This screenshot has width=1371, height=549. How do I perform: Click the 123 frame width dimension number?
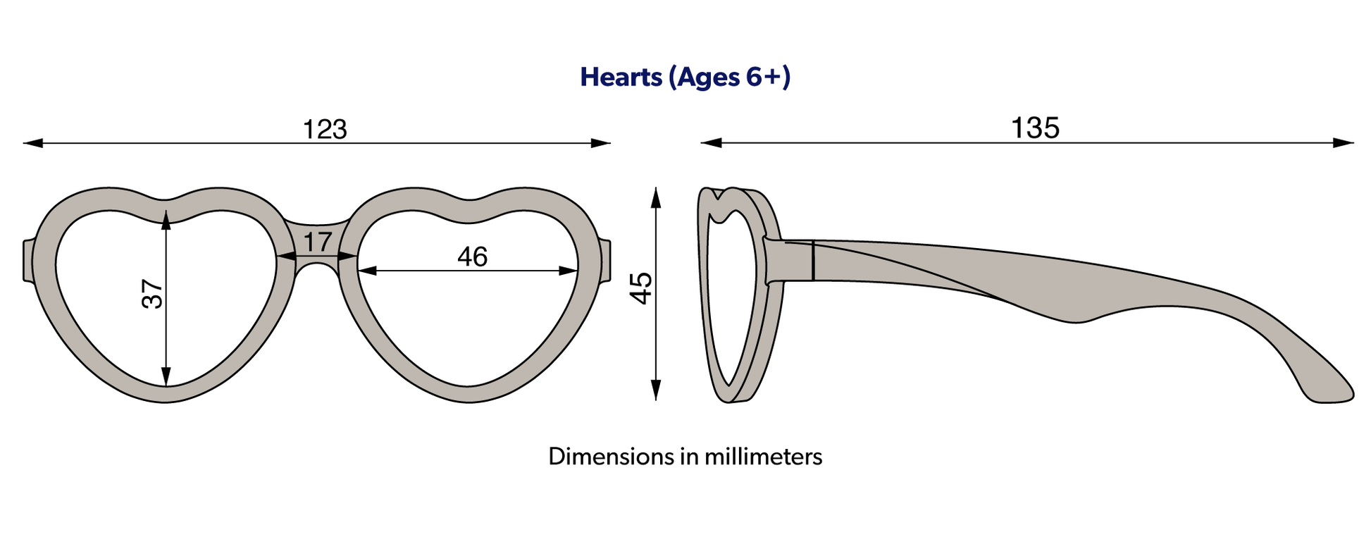325,130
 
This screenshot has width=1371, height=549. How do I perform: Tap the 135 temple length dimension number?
1035,128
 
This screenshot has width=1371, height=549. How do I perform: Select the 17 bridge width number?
317,242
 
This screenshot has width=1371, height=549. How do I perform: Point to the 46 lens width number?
472,257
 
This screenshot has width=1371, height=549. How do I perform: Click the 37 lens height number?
152,294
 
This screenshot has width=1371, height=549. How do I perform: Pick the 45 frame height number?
641,288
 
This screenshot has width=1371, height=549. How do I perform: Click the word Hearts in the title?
621,77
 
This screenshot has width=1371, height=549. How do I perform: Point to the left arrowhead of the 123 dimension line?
33,143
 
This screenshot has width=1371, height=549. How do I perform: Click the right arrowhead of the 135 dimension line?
1344,143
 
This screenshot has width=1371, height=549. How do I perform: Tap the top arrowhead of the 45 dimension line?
656,198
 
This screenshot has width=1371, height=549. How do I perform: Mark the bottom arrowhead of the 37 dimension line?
166,376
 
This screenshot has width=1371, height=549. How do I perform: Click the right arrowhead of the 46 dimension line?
569,271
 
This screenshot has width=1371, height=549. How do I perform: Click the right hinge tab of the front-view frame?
606,261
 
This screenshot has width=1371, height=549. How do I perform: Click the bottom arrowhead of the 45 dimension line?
656,390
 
